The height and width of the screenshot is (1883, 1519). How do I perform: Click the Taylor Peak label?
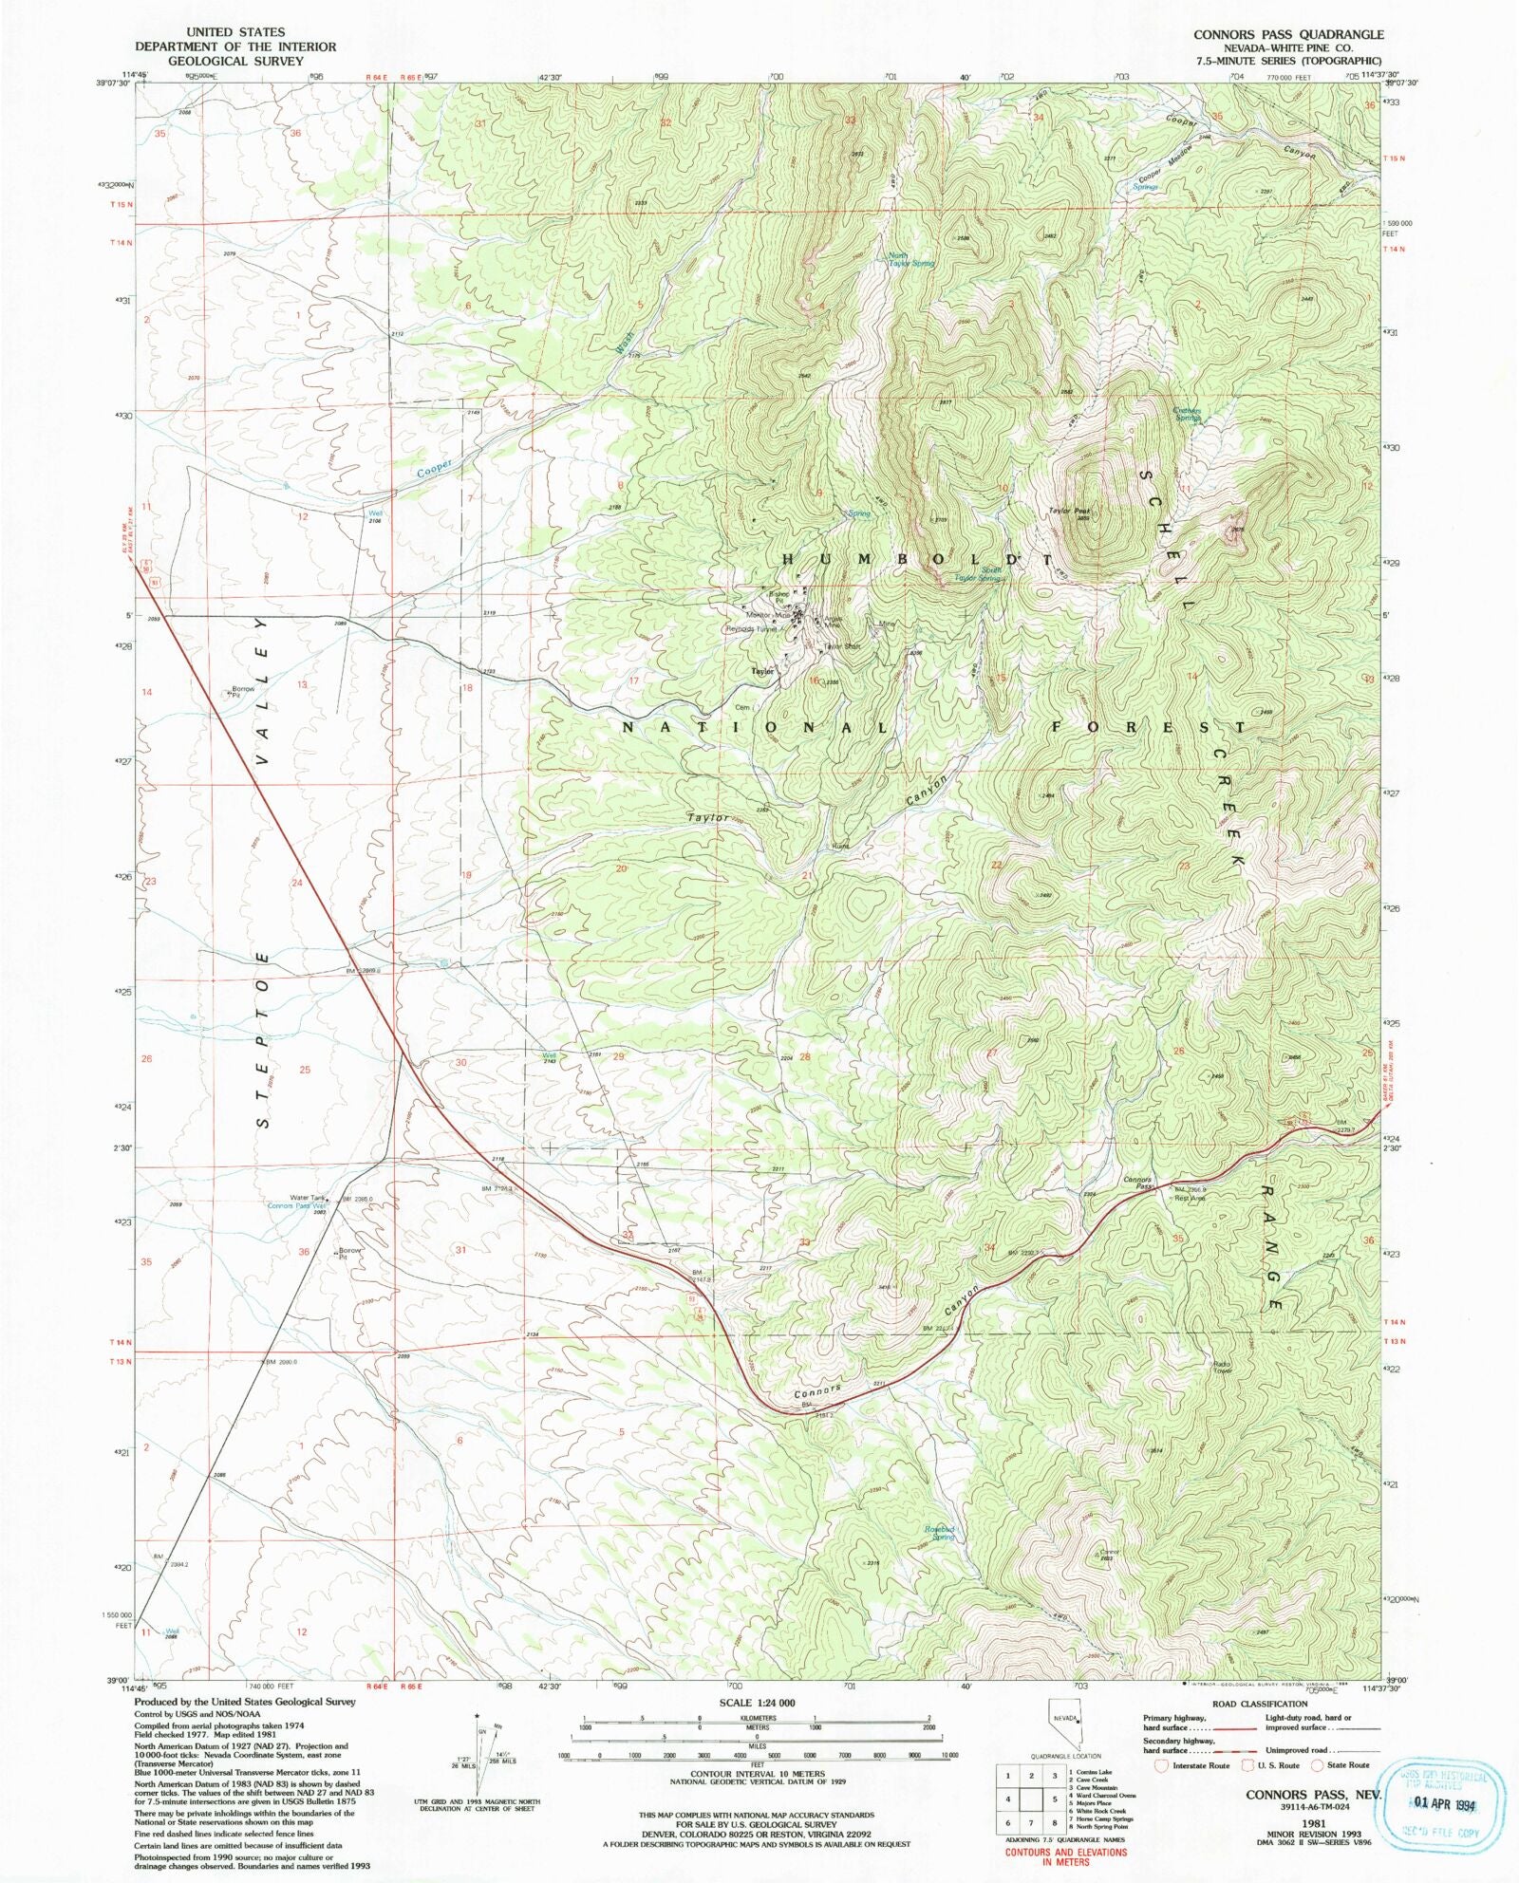point(1068,512)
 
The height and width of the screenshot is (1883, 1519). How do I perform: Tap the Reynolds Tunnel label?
point(752,628)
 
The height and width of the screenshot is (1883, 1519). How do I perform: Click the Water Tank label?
point(308,1198)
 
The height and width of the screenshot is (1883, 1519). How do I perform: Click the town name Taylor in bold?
point(762,671)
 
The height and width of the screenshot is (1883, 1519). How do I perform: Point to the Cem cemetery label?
point(742,707)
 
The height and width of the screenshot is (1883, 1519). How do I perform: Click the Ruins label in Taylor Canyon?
point(840,846)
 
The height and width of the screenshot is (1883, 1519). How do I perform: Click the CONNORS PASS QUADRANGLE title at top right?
point(1288,35)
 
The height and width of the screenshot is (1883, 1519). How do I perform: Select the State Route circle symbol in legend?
point(1317,1764)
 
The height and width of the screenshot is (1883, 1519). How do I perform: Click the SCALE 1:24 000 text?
point(758,1704)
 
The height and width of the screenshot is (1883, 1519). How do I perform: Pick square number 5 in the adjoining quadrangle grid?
point(1054,1798)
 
